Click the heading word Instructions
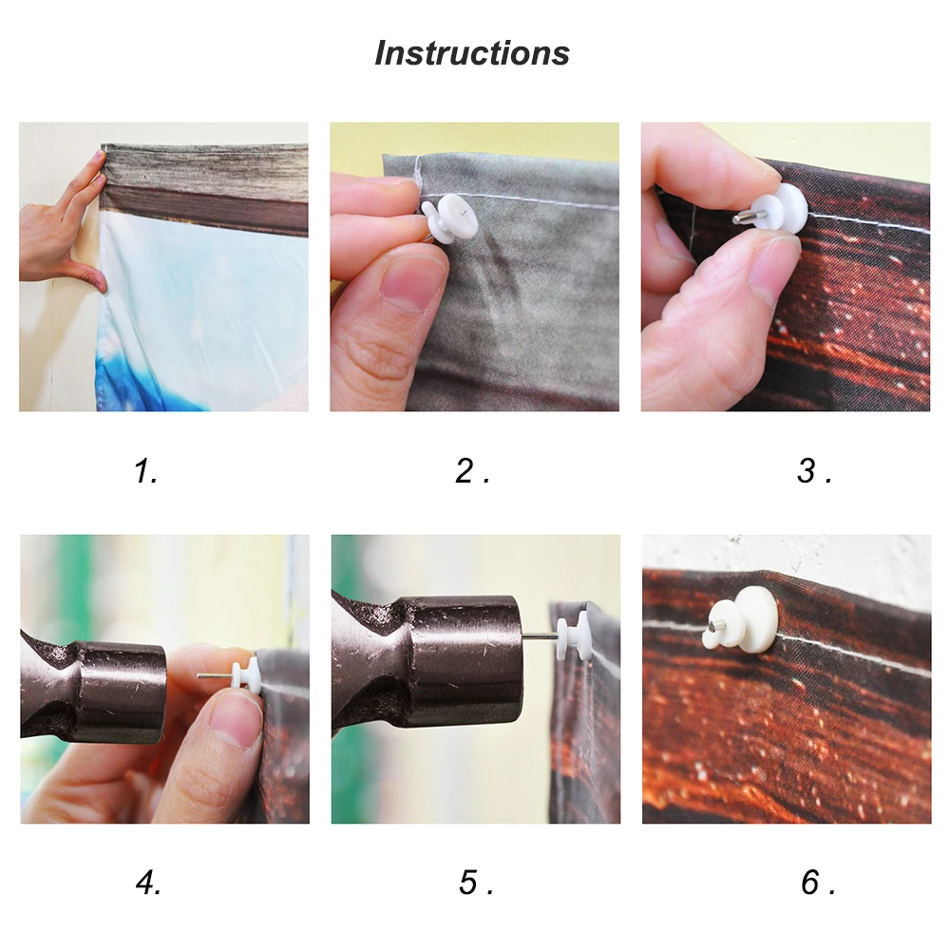[x=472, y=52]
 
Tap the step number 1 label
[x=145, y=471]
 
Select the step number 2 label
[x=472, y=471]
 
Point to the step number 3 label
[x=814, y=471]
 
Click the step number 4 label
[x=148, y=883]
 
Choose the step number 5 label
[x=476, y=883]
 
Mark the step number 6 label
[x=818, y=883]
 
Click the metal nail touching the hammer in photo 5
[x=540, y=636]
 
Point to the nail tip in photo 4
[x=199, y=675]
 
